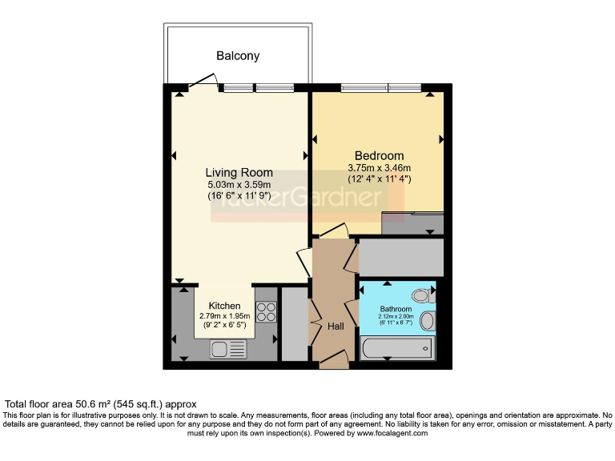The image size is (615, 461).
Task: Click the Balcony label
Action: [238, 56]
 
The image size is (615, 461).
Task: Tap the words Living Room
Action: [239, 173]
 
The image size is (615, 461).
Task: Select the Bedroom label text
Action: [379, 155]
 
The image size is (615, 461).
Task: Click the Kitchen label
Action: [224, 306]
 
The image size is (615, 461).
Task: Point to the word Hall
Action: [336, 327]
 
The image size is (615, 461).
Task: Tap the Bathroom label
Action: [396, 309]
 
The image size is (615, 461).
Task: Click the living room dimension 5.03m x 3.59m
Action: [239, 186]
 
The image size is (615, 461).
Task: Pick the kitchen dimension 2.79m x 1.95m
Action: [224, 316]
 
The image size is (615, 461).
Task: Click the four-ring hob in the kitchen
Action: [266, 311]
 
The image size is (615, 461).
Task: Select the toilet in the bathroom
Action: [422, 296]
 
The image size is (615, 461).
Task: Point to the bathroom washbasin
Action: [427, 322]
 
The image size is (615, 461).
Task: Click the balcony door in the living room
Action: [205, 80]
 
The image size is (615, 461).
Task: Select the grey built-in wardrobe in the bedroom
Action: [412, 222]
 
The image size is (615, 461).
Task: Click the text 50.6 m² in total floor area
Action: [103, 404]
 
